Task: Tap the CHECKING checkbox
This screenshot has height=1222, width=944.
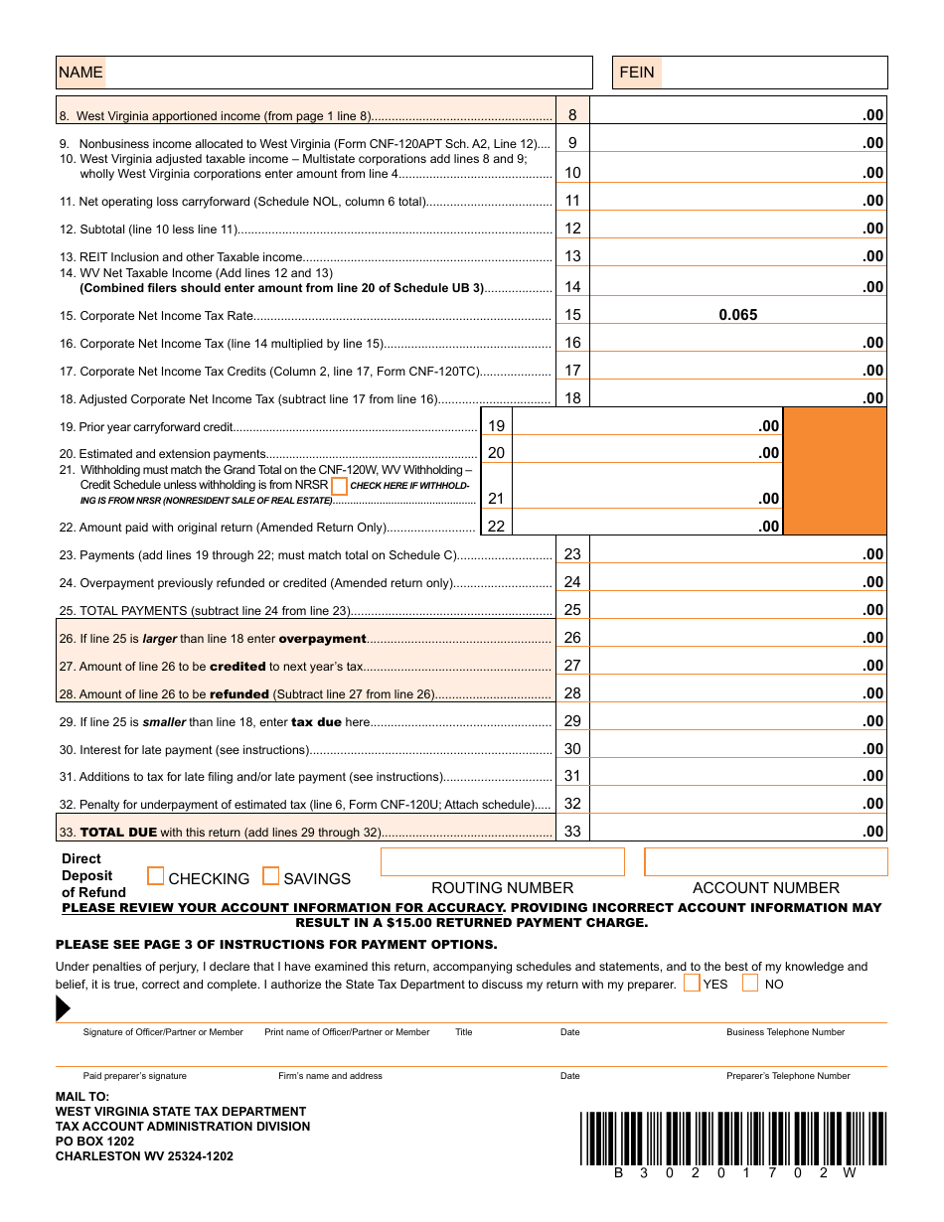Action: click(x=156, y=876)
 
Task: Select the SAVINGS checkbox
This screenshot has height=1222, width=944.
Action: click(x=271, y=876)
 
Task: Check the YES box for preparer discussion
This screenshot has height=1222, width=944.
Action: click(x=692, y=984)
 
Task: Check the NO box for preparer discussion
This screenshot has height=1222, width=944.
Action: click(x=750, y=984)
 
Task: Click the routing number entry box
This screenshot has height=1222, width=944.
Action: click(x=502, y=862)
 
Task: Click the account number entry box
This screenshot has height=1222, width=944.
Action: click(x=765, y=862)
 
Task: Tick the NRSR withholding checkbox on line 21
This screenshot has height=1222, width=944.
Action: click(x=339, y=486)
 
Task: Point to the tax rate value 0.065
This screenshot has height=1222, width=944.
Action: click(x=737, y=315)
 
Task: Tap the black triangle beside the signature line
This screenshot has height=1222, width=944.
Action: click(x=63, y=1008)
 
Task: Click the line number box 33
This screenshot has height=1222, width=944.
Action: click(x=572, y=831)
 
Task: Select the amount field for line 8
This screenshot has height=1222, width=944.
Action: click(x=737, y=113)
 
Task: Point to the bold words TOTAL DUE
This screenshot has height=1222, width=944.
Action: click(x=118, y=833)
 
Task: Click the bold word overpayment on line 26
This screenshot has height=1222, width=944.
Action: click(x=322, y=639)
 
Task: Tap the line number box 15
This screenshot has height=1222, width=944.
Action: click(x=572, y=315)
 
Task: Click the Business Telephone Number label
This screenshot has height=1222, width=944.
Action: click(x=785, y=1032)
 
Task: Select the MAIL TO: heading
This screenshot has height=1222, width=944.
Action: click(x=82, y=1097)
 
